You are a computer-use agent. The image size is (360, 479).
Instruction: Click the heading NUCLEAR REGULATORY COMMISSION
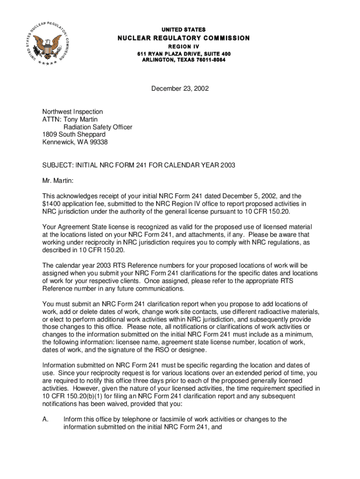pos(183,38)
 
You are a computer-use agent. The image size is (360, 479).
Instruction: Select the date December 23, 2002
pos(180,87)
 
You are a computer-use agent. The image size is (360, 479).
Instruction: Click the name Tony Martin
pos(76,119)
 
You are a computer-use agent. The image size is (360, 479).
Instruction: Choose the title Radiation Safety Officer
pos(98,127)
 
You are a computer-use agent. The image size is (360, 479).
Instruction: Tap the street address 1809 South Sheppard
pos(74,134)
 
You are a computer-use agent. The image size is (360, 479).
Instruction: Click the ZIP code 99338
pos(99,142)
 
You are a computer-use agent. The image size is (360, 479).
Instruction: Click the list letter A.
pos(45,419)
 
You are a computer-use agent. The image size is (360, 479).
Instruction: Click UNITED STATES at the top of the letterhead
pos(184,29)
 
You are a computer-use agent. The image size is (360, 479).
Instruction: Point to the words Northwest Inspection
pos(72,112)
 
